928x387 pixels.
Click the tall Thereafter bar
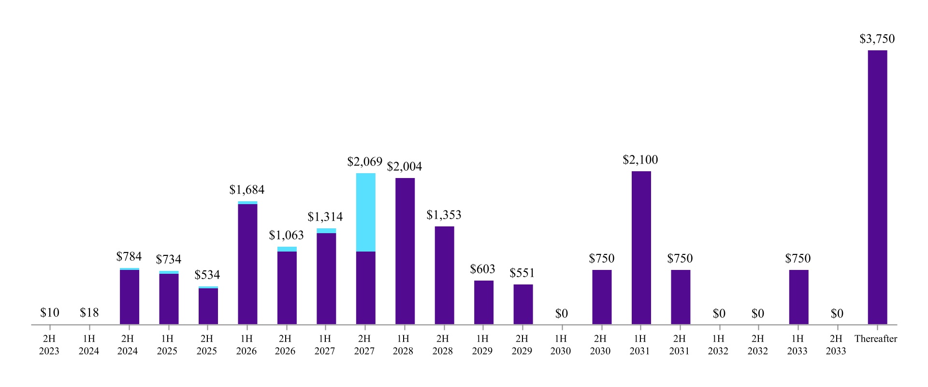[877, 187]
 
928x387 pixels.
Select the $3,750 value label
[877, 39]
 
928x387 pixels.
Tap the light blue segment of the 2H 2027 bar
[365, 212]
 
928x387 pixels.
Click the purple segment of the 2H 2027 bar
[365, 288]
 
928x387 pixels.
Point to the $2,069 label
[364, 162]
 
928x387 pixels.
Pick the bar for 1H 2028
[405, 251]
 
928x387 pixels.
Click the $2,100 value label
[640, 160]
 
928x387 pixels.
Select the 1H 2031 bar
[641, 248]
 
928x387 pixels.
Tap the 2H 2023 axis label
[49, 345]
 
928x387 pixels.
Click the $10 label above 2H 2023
[50, 313]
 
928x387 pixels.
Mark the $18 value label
[89, 313]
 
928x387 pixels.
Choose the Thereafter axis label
[875, 339]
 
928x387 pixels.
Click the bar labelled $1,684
[247, 264]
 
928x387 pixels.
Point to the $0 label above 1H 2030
[561, 314]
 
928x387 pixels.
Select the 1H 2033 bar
[798, 297]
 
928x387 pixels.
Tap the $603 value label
[482, 269]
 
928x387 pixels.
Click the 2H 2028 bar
[444, 275]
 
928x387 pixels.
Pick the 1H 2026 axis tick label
[246, 345]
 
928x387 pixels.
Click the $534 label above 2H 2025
[207, 275]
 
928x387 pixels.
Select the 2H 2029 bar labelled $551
[523, 304]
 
